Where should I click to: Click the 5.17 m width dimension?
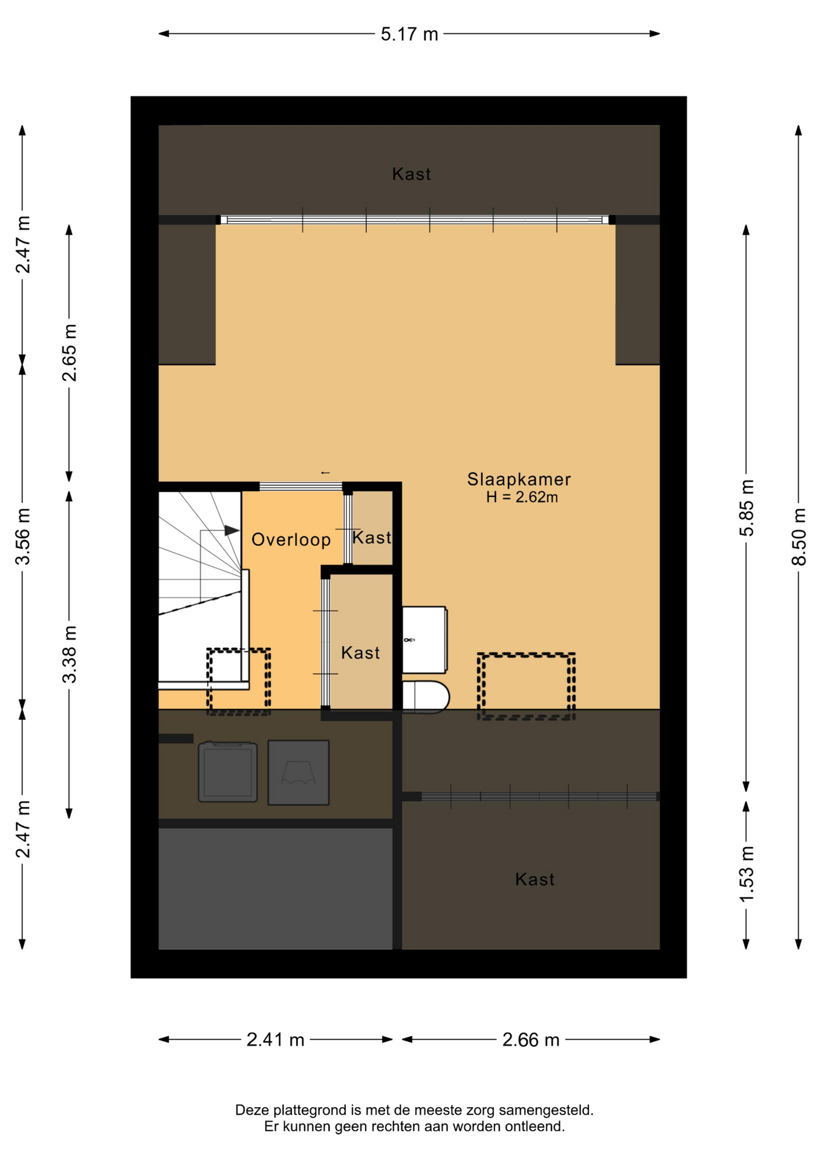409,34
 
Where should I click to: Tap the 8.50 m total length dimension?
799,536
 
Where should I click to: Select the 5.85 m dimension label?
747,507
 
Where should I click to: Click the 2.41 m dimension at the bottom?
275,1039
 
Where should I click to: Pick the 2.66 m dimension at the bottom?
531,1039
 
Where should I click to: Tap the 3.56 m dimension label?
23,536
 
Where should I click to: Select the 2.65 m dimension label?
70,353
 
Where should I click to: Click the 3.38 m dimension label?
70,654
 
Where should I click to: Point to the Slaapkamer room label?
519,480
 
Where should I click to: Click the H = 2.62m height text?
522,497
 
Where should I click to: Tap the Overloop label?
291,539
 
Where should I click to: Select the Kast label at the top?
411,174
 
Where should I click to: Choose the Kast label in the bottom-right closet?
534,879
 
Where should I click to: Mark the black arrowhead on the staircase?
232,530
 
